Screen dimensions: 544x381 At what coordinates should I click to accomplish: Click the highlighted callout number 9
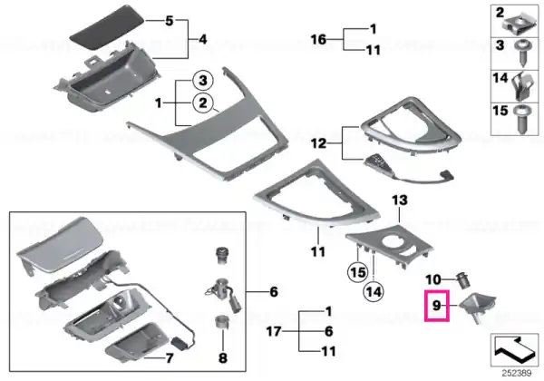pyautogui.click(x=436, y=306)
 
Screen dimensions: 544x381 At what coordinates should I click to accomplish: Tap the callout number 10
pyautogui.click(x=433, y=279)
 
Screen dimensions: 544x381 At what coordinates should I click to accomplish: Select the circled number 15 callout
pyautogui.click(x=358, y=272)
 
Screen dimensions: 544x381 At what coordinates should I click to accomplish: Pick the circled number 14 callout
pyautogui.click(x=374, y=291)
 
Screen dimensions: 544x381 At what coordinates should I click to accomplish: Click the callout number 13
pyautogui.click(x=400, y=200)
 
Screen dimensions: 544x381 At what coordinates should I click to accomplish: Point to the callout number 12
pyautogui.click(x=318, y=143)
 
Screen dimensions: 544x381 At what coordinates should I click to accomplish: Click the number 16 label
pyautogui.click(x=318, y=39)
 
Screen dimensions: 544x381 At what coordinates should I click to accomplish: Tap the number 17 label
pyautogui.click(x=274, y=331)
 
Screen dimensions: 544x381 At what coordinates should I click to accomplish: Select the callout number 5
pyautogui.click(x=169, y=21)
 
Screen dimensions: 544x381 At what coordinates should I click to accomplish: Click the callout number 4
pyautogui.click(x=202, y=39)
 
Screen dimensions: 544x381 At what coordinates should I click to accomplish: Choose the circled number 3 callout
pyautogui.click(x=202, y=81)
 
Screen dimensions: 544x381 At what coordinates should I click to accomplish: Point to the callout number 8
pyautogui.click(x=222, y=357)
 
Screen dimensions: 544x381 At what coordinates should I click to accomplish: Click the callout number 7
pyautogui.click(x=169, y=357)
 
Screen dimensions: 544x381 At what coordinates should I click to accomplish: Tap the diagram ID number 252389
pyautogui.click(x=517, y=374)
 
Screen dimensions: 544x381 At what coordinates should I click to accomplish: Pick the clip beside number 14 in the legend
pyautogui.click(x=523, y=86)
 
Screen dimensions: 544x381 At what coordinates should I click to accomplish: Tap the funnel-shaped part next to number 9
pyautogui.click(x=477, y=308)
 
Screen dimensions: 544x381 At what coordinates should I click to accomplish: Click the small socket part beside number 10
pyautogui.click(x=463, y=280)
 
